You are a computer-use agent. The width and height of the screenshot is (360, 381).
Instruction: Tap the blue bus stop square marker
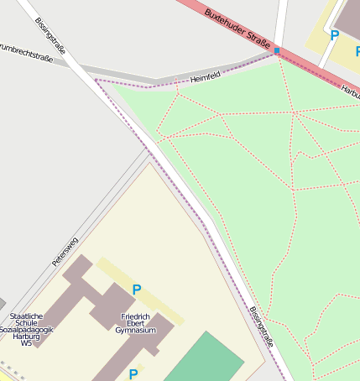[277, 51]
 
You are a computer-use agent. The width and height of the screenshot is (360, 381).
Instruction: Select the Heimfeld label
[205, 78]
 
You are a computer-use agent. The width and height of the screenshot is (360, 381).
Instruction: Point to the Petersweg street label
[65, 252]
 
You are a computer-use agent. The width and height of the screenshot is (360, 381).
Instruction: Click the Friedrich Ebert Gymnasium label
[136, 323]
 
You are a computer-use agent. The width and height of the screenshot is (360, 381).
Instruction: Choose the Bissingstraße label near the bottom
[262, 326]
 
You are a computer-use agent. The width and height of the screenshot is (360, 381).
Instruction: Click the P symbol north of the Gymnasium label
[136, 290]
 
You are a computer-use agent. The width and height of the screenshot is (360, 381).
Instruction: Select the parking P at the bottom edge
[133, 373]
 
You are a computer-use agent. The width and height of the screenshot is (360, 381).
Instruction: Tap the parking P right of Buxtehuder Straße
[334, 35]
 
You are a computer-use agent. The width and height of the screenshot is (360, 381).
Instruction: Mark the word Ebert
[136, 323]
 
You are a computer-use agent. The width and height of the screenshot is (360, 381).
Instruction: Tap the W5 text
[27, 342]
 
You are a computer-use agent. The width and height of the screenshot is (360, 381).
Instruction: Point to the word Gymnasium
[136, 331]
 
